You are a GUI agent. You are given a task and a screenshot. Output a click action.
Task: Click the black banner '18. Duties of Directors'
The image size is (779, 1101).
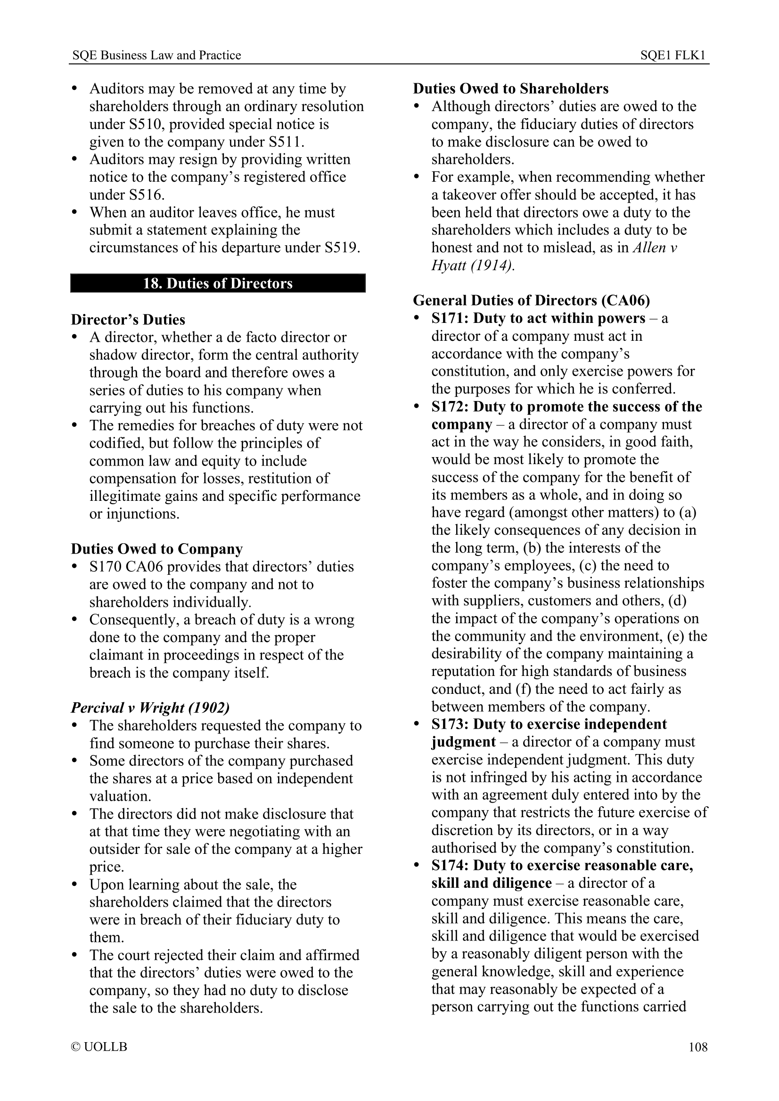click(x=217, y=283)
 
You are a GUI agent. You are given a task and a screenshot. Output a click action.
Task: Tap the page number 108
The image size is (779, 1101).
click(x=698, y=1047)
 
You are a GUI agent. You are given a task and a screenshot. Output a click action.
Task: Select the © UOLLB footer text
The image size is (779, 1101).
click(x=99, y=1047)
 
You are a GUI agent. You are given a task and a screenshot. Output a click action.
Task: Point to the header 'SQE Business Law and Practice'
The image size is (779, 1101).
click(x=156, y=56)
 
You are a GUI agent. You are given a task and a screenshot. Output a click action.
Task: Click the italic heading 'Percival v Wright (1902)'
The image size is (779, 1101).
click(x=150, y=708)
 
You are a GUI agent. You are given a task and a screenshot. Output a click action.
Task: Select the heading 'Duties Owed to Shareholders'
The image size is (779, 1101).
click(x=511, y=88)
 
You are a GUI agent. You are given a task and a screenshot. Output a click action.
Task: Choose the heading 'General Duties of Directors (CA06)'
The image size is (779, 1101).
click(x=531, y=301)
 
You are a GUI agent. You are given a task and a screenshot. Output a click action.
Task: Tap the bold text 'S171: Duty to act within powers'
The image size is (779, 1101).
click(x=538, y=318)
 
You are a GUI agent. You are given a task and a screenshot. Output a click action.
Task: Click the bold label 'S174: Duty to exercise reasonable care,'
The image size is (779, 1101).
click(x=562, y=866)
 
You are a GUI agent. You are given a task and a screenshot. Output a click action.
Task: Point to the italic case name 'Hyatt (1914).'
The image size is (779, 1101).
click(x=473, y=265)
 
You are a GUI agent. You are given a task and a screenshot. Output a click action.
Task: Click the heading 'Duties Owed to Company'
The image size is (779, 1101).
click(x=157, y=549)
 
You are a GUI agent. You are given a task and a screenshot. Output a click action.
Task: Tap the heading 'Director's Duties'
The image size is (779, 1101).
click(x=128, y=320)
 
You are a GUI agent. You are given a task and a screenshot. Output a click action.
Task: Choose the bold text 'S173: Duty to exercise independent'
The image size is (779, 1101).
click(x=549, y=724)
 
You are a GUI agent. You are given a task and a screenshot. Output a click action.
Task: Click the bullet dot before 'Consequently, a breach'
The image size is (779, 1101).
click(x=74, y=619)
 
